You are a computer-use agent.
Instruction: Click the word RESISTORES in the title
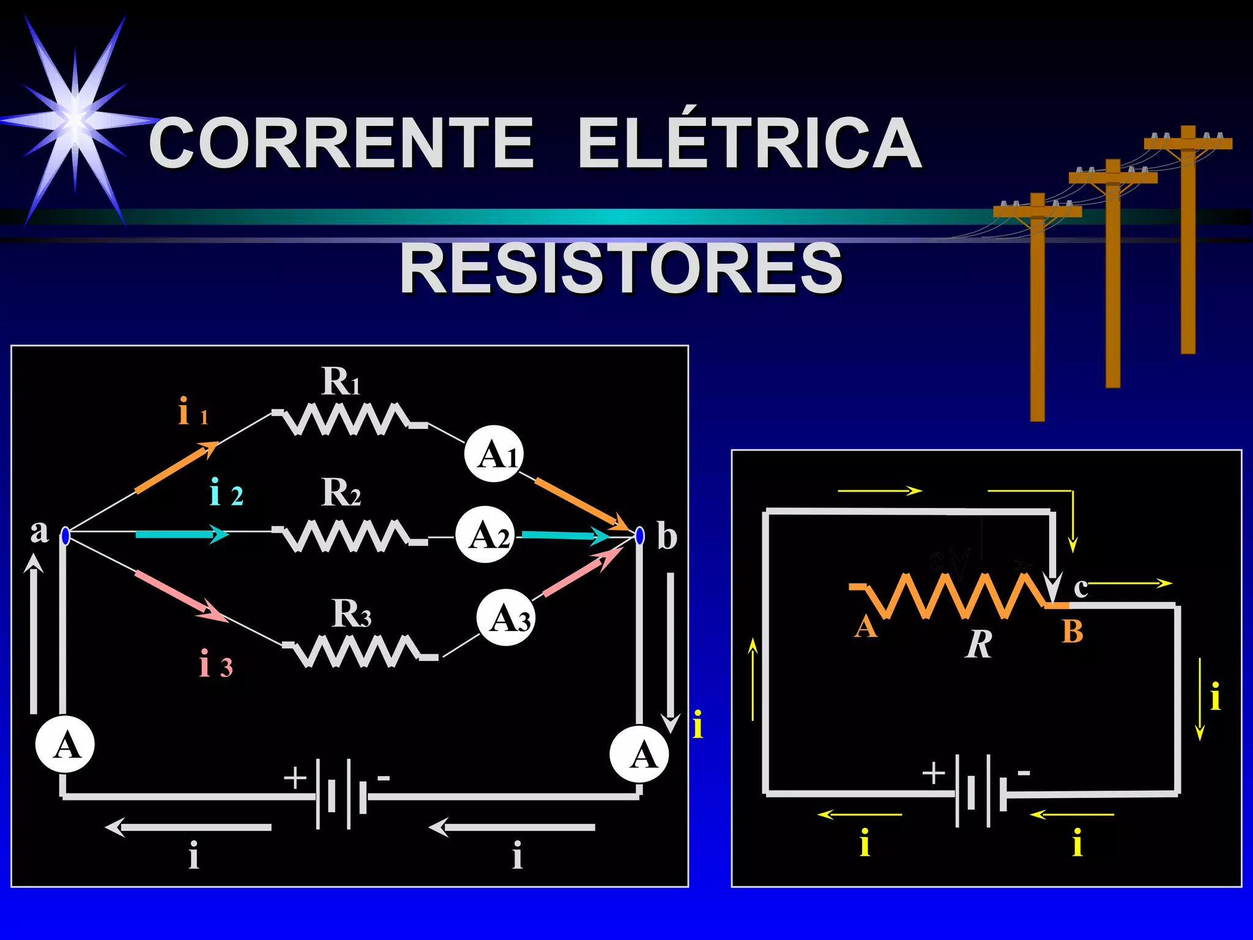[620, 268]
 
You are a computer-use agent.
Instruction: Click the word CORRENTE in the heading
[341, 144]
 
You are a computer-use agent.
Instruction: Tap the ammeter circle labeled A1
[494, 454]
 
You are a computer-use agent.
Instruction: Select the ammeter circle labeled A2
[485, 535]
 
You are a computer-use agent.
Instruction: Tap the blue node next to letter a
[65, 536]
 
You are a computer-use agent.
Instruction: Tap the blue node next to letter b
[640, 536]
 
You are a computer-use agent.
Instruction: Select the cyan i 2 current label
[226, 493]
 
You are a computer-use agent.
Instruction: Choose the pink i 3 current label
[215, 665]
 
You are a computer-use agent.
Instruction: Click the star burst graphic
[75, 120]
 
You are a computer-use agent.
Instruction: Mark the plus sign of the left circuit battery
[295, 778]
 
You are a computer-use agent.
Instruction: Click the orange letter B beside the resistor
[1073, 632]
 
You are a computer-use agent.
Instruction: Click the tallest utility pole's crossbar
[1188, 144]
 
